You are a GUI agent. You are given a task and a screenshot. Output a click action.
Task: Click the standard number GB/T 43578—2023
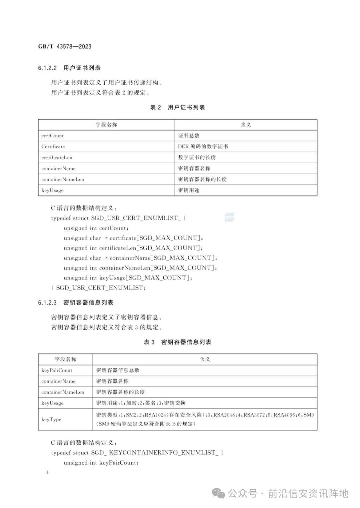(x=65, y=47)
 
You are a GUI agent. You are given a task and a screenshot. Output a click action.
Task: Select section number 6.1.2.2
(x=47, y=68)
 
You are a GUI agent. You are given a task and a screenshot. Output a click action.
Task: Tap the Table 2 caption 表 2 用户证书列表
(x=177, y=107)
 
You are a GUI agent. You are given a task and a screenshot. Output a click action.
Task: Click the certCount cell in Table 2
(x=52, y=136)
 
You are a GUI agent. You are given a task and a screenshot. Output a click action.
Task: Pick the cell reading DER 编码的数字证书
(x=203, y=147)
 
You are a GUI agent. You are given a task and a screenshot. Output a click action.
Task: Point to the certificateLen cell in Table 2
(x=57, y=158)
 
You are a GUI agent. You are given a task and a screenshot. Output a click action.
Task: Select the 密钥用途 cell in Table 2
(x=189, y=190)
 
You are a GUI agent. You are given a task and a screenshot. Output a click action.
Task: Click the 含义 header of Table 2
(x=246, y=125)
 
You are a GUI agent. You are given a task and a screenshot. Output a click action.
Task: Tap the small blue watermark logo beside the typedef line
(x=229, y=218)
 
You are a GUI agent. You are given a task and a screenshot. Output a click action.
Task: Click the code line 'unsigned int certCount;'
(x=96, y=228)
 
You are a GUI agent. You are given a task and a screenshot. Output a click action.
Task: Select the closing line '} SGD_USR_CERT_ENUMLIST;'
(x=98, y=288)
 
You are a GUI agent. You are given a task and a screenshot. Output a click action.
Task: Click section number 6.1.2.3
(x=47, y=302)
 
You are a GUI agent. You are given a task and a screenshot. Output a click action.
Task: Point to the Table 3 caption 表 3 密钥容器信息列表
(x=177, y=342)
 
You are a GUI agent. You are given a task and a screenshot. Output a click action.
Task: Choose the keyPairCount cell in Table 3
(x=57, y=370)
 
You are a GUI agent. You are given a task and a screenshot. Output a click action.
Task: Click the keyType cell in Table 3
(x=51, y=419)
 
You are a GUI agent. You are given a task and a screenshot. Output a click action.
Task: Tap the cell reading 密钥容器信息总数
(x=118, y=370)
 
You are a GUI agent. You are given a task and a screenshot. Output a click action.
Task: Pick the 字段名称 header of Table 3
(x=65, y=359)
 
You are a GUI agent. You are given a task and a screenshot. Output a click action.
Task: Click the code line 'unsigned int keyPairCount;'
(x=101, y=463)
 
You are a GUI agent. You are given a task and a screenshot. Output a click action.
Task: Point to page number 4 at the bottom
(x=47, y=472)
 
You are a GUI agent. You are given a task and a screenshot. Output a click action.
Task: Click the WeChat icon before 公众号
(x=219, y=494)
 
